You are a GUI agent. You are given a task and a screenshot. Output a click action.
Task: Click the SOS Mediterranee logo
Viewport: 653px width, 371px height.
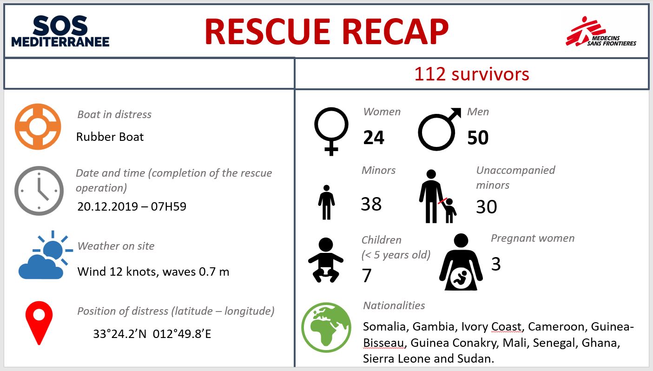tap(60, 31)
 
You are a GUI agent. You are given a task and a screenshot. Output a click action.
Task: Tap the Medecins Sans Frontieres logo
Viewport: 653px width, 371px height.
tap(600, 32)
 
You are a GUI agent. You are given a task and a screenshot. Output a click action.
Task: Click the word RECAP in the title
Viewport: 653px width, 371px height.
tap(395, 31)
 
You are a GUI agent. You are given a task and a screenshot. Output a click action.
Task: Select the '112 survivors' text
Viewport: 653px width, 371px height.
tap(471, 74)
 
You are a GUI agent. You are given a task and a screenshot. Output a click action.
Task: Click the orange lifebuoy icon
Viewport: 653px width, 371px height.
tap(38, 126)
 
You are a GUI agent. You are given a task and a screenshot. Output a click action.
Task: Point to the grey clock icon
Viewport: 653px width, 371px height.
tap(39, 191)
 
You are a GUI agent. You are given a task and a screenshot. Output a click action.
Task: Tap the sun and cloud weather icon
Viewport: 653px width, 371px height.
tap(46, 255)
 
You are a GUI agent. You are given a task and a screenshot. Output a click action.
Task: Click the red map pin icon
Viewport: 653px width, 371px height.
tap(39, 323)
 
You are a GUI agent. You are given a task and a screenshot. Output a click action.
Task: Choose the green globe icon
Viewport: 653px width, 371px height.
tap(326, 327)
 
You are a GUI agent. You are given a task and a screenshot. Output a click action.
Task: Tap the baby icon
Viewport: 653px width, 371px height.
tap(326, 260)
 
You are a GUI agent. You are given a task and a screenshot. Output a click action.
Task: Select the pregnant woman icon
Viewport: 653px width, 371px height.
tap(461, 262)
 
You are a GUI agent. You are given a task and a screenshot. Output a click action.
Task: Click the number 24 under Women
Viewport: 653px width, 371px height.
tap(374, 138)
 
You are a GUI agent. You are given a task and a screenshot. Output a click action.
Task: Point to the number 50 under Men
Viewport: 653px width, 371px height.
tap(478, 138)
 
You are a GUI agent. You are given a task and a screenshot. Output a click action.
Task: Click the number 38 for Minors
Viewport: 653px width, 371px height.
tap(371, 204)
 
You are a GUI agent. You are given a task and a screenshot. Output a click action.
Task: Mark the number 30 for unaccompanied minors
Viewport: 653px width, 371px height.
tap(487, 207)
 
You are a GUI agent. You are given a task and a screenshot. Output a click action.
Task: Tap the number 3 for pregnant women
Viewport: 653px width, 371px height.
tap(496, 264)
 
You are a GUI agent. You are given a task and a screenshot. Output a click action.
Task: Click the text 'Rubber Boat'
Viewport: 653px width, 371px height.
tap(110, 137)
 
